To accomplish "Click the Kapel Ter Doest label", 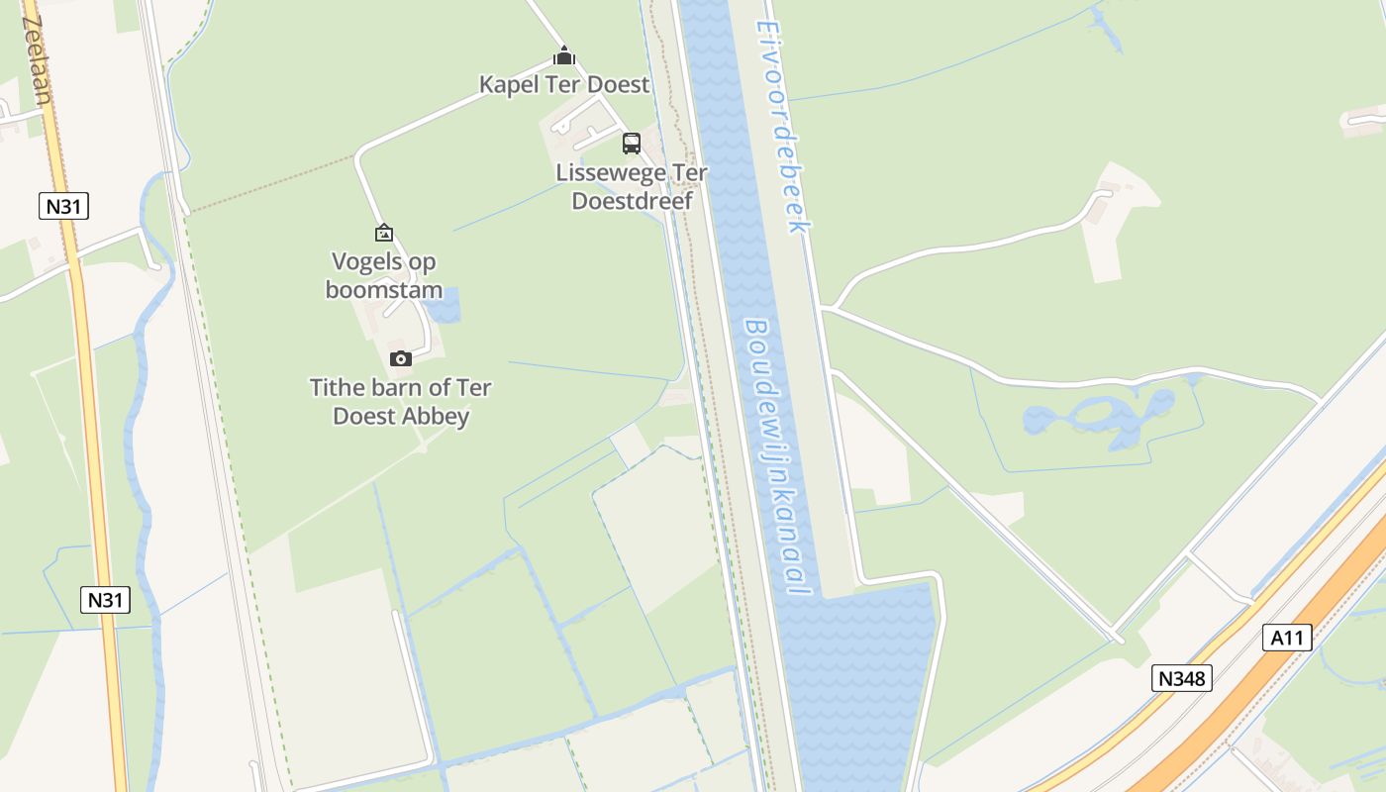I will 564,84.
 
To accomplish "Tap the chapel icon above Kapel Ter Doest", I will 564,55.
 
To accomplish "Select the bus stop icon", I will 632,144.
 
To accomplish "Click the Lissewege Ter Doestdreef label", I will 632,187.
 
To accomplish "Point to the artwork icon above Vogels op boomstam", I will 384,233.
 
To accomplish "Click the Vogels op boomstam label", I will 384,276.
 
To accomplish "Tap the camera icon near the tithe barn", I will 401,358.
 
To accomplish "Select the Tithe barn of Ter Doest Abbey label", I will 401,401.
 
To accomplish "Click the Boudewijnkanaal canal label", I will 778,457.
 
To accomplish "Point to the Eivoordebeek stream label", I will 784,127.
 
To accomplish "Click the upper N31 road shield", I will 64,206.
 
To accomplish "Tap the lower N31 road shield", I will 105,599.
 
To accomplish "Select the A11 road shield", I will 1287,638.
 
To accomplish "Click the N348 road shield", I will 1182,678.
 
